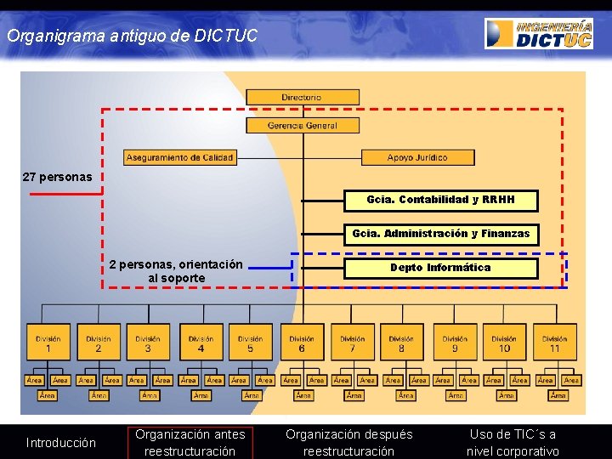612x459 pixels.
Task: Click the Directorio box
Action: click(x=302, y=98)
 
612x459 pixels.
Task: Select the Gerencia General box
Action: click(x=302, y=126)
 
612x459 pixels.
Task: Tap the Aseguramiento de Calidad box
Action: click(x=179, y=157)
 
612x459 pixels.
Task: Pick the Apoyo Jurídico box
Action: click(x=416, y=157)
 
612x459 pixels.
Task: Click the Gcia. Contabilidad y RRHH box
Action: click(x=441, y=200)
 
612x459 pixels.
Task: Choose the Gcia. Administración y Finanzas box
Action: click(x=441, y=234)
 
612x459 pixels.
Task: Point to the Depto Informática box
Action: click(x=440, y=268)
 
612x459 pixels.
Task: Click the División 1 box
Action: click(x=48, y=343)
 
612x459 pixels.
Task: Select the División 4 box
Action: click(x=201, y=343)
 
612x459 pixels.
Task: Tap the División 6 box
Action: click(x=302, y=343)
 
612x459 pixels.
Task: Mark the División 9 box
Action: click(x=455, y=343)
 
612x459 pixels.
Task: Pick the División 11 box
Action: click(x=555, y=343)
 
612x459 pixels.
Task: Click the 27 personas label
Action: click(x=57, y=178)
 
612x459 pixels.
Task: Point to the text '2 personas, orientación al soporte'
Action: click(x=176, y=271)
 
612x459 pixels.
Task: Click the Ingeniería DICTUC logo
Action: click(x=539, y=33)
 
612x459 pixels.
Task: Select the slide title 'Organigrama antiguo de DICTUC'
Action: click(x=132, y=37)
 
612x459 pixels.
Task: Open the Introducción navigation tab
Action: click(x=61, y=442)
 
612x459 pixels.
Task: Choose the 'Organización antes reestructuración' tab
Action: click(x=190, y=442)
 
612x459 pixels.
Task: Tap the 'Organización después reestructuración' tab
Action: click(x=348, y=442)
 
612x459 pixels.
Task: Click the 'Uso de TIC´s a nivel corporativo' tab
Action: click(x=513, y=442)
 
